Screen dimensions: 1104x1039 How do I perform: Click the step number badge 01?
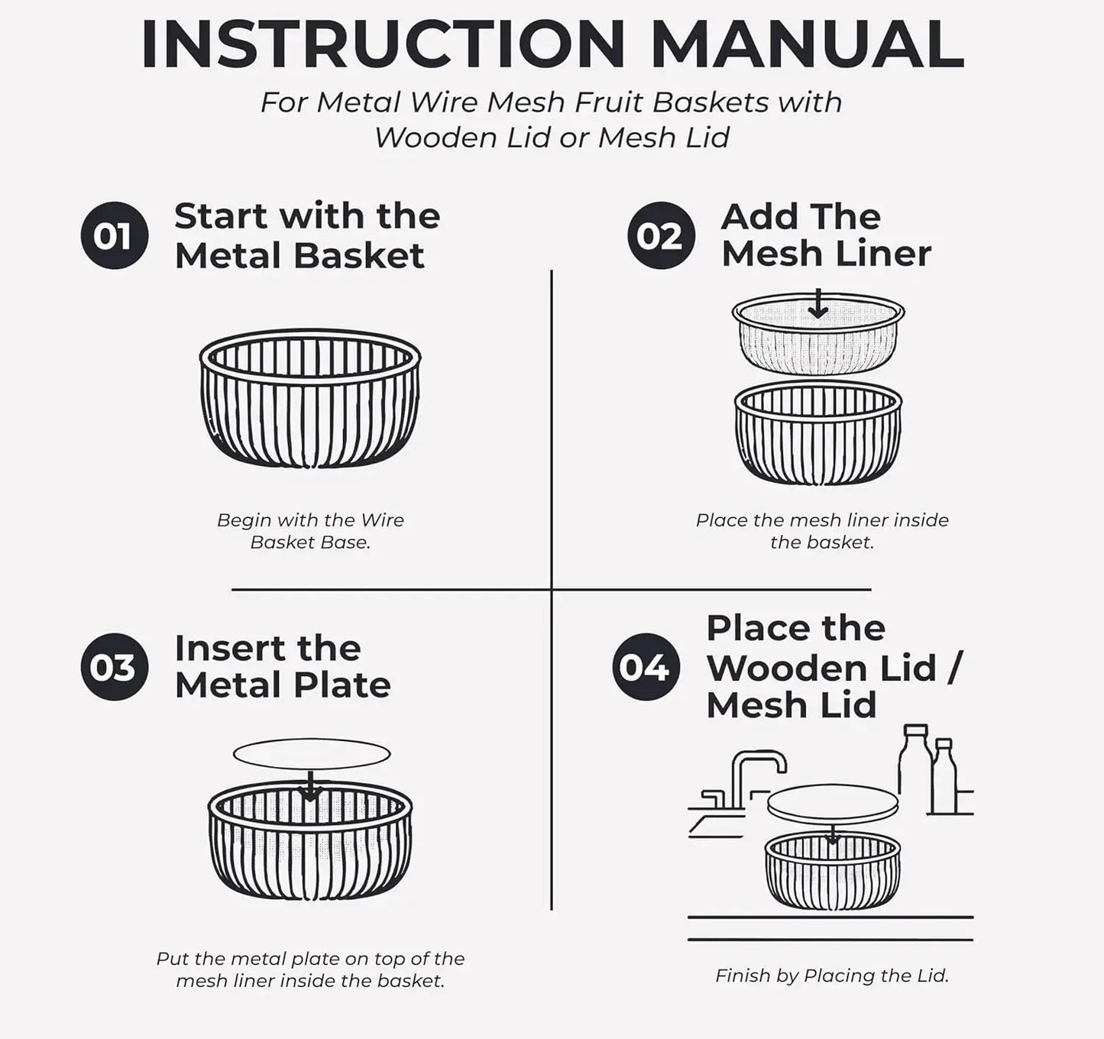(115, 236)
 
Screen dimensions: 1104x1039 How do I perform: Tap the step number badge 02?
(661, 236)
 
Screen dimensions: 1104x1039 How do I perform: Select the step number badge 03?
(115, 666)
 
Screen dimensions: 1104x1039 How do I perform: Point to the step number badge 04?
(646, 666)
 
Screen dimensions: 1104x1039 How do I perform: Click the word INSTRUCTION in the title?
(384, 44)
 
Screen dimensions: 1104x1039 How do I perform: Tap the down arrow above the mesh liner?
(817, 303)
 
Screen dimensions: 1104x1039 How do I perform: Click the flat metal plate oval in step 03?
(311, 754)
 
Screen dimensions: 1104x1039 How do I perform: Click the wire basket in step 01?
(310, 398)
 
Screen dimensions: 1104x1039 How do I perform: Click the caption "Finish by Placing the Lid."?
(832, 976)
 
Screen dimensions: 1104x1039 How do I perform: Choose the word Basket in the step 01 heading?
(358, 256)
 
